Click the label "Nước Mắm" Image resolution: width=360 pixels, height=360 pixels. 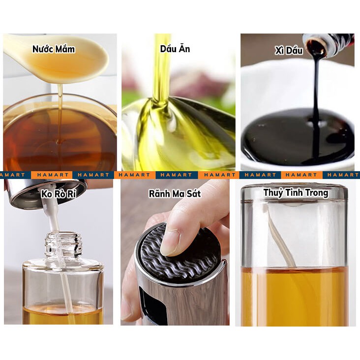tap(54, 49)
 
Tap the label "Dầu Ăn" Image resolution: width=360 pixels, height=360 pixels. tap(175, 49)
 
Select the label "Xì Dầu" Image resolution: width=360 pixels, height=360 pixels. tap(289, 51)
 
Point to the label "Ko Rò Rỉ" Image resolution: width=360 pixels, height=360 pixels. tap(59, 194)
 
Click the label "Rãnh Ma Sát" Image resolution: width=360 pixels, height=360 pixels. tap(175, 194)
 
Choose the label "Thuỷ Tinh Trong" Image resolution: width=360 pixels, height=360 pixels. tap(296, 193)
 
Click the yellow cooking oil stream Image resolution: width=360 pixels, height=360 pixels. tap(162, 66)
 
